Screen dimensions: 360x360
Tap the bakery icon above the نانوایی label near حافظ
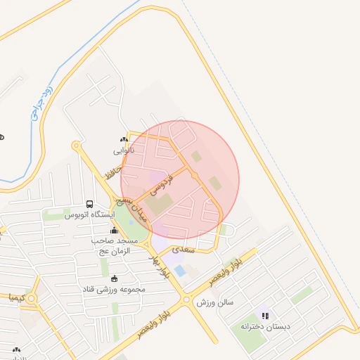[x=125, y=140]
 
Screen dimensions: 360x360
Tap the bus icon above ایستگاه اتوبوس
[x=89, y=204]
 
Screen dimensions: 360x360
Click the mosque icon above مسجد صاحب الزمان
[x=114, y=230]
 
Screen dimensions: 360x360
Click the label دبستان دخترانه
[x=265, y=326]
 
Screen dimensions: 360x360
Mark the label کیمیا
[x=15, y=298]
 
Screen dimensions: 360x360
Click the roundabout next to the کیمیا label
[x=31, y=298]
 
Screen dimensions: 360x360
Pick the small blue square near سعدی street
[x=179, y=270]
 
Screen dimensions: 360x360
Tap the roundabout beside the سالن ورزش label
[x=186, y=300]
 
